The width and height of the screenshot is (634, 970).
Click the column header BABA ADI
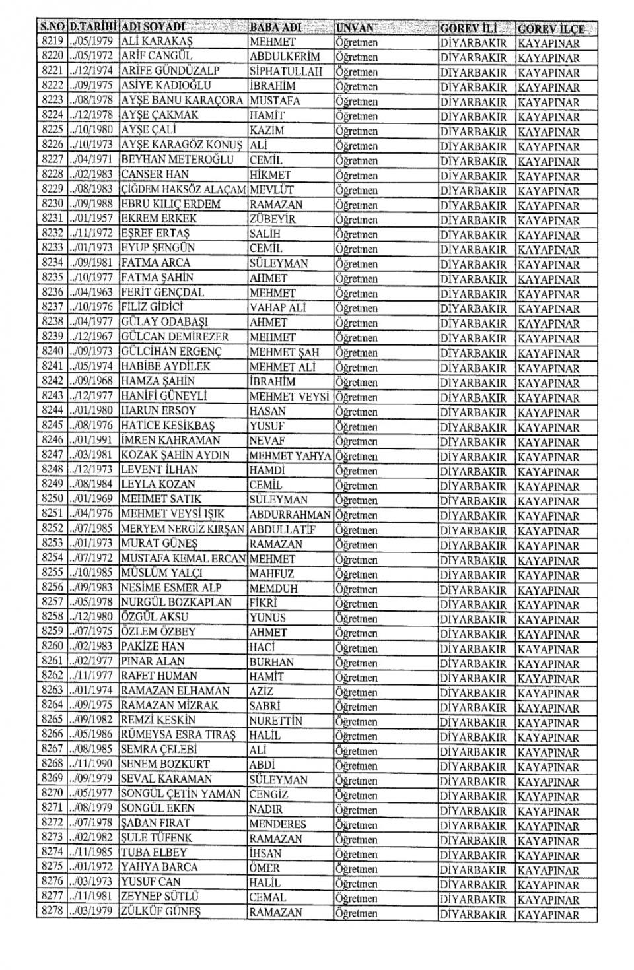coord(275,28)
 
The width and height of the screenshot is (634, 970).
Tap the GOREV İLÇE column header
coord(551,29)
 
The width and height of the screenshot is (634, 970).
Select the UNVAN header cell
coord(355,28)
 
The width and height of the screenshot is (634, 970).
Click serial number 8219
coord(52,41)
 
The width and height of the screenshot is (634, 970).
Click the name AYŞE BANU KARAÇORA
coord(182,100)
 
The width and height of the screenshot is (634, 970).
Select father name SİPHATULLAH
coord(285,71)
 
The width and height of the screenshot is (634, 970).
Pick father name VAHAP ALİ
coord(278,307)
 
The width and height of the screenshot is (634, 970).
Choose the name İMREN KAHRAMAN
coord(170,440)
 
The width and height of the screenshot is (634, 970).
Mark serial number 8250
coord(52,499)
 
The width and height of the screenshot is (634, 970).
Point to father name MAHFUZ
coord(271,573)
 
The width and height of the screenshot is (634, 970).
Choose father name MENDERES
coord(278,824)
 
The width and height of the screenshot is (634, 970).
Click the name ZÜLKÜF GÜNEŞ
coord(161,912)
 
